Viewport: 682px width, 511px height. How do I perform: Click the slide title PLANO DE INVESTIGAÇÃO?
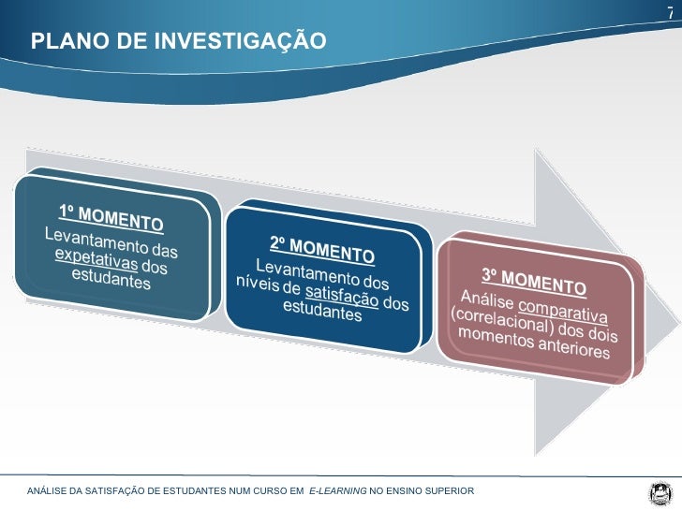tap(178, 41)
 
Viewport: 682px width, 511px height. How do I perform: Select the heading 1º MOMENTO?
tap(111, 217)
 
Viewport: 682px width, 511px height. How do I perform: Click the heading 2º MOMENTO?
tap(322, 249)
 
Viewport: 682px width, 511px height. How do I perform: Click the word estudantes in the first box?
tap(111, 280)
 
